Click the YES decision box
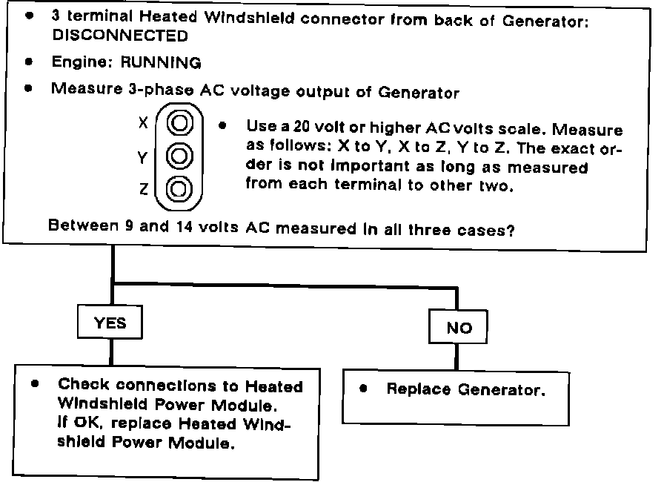110,323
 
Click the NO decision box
459,328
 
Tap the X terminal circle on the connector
178,122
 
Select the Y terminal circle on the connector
178,156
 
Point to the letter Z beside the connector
144,191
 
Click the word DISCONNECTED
119,36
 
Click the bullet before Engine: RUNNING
28,63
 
